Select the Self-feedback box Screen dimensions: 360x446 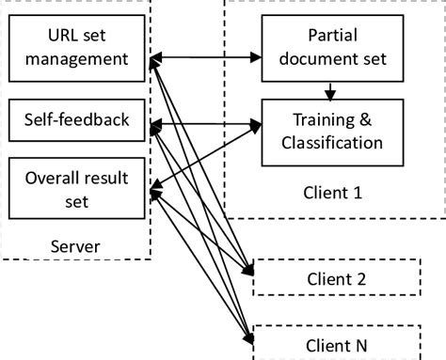tap(76, 119)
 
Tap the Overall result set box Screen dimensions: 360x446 tap(76, 188)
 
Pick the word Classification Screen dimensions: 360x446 tap(326, 144)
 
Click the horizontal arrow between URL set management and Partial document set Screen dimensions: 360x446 tap(207, 59)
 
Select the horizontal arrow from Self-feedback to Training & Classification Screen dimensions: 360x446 tap(207, 121)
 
